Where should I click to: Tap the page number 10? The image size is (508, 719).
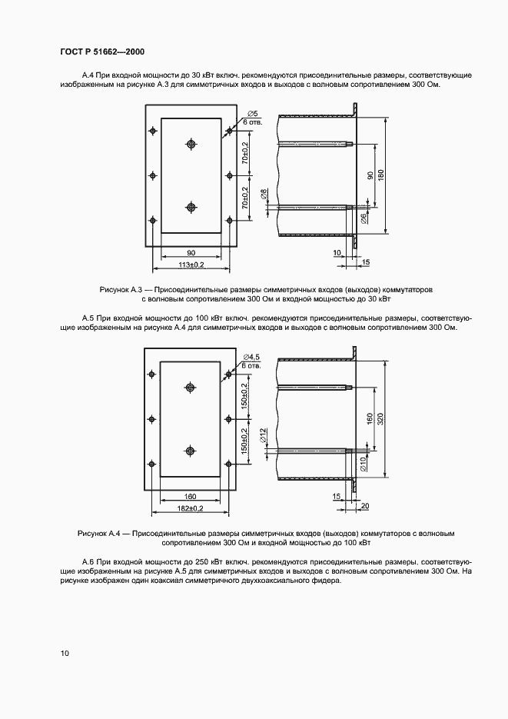tap(65, 653)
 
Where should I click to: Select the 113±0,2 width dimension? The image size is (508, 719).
tap(191, 265)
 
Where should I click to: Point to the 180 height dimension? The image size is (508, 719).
tap(381, 174)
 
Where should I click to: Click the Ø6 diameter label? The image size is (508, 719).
tap(364, 219)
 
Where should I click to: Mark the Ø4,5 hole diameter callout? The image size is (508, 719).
tap(251, 358)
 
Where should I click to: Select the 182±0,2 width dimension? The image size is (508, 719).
tap(187, 509)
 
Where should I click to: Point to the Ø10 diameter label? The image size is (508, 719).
tap(364, 463)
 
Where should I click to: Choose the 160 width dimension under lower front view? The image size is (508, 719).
tap(191, 496)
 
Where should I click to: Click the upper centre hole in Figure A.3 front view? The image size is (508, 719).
tap(191, 143)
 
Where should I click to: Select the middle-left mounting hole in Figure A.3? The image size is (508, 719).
tap(154, 176)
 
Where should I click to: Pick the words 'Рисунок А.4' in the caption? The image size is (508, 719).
tap(100, 532)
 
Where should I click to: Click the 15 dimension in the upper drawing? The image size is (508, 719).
tap(365, 263)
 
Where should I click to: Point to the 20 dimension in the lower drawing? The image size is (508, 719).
tap(365, 505)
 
